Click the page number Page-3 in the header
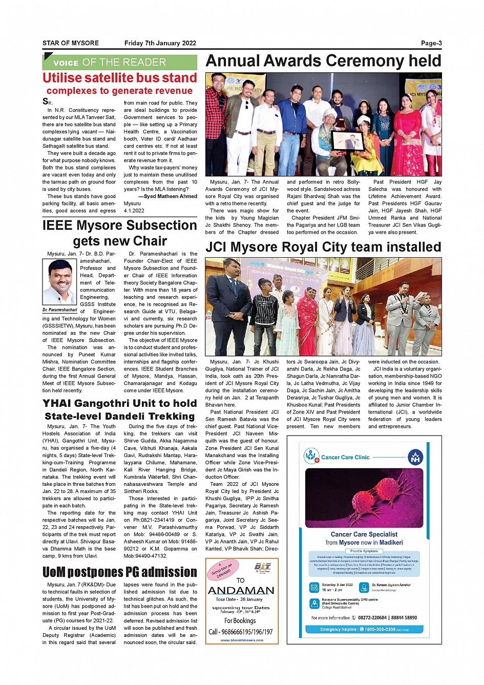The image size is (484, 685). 431,44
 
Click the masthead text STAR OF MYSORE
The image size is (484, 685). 71,44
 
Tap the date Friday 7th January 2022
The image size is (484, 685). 160,44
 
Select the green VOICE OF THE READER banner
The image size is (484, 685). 119,63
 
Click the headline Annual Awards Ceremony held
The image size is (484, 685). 323,61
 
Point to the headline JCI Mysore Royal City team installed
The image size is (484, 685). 323,247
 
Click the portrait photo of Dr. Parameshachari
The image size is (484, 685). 59,282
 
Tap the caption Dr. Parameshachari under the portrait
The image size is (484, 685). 59,310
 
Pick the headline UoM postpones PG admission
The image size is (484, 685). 119,572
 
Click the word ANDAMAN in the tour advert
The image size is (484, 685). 241,591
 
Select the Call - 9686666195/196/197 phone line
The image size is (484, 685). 241,632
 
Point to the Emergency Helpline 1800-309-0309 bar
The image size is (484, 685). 364,629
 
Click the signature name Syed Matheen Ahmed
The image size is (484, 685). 170,196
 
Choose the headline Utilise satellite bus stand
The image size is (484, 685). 119,78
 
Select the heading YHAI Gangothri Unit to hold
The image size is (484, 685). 119,403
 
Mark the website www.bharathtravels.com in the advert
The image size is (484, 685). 242,640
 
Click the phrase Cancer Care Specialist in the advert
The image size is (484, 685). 364,534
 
